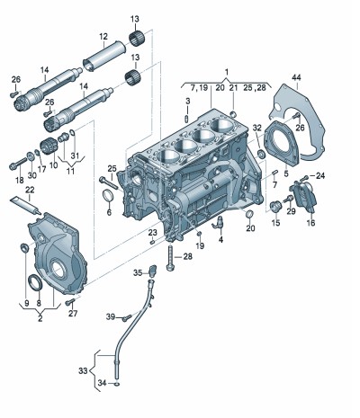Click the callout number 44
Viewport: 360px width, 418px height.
296,78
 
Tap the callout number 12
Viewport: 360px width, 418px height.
103,37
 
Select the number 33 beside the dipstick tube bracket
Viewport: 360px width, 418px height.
83,371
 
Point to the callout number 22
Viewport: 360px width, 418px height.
30,190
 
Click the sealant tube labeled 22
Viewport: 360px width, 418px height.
25,205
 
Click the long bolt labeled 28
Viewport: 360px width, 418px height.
170,257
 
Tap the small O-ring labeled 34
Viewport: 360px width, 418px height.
117,384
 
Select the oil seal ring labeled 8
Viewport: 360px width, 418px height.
35,282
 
